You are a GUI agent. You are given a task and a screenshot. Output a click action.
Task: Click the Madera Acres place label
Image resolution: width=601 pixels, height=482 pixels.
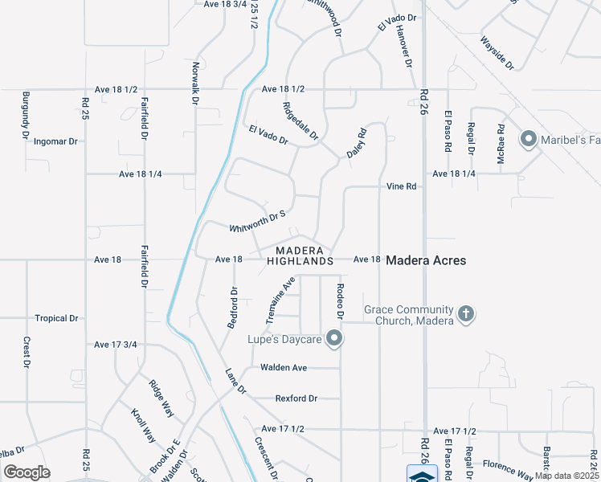click(x=426, y=260)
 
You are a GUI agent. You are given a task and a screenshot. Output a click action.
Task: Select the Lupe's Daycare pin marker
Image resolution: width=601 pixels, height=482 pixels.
click(x=334, y=339)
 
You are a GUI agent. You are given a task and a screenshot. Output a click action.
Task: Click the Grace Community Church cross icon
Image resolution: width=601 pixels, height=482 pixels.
click(x=465, y=315)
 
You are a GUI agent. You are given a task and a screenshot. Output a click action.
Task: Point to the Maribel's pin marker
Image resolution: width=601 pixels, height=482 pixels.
click(x=529, y=141)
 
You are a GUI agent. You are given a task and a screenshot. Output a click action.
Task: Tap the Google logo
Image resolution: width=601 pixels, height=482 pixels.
click(x=27, y=472)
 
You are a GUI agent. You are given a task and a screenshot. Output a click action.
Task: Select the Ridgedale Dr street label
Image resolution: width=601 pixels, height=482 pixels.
click(x=300, y=120)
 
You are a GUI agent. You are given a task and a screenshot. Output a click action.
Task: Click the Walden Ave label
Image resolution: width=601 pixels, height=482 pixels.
click(x=284, y=368)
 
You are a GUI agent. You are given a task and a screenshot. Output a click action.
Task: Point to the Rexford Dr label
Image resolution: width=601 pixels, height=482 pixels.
click(x=296, y=398)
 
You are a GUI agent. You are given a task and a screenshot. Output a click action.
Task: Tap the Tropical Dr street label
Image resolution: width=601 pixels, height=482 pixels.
click(x=56, y=318)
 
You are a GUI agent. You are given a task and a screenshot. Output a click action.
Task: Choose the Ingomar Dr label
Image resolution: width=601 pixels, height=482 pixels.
click(x=55, y=141)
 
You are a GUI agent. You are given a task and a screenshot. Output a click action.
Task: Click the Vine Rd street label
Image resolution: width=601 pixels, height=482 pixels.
click(x=402, y=186)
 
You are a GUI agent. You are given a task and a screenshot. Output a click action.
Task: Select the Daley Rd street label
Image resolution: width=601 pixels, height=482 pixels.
click(x=356, y=141)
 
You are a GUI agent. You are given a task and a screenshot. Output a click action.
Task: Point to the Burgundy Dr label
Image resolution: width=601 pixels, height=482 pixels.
click(x=25, y=112)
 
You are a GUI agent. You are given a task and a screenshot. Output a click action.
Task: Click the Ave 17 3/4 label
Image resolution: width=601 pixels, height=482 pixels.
click(x=116, y=345)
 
